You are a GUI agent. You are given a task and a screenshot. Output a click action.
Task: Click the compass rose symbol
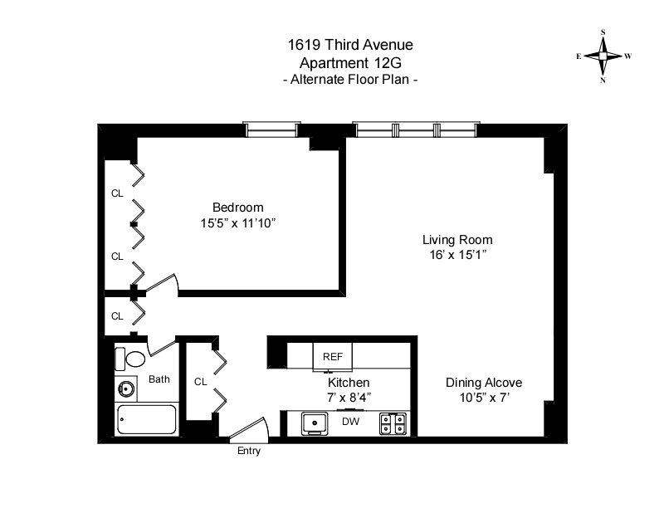[603, 56]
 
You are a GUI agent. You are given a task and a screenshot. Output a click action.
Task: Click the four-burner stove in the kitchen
[393, 423]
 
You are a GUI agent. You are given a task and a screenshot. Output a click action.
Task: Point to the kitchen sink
[314, 423]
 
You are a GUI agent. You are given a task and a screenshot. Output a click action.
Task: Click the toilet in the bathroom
[130, 359]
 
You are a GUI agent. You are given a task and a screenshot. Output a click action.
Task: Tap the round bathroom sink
[128, 388]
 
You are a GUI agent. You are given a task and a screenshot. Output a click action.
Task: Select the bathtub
[147, 419]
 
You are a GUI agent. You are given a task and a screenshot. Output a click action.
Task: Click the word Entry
[248, 451]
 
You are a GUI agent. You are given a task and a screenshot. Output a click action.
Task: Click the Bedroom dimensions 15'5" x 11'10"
[237, 222]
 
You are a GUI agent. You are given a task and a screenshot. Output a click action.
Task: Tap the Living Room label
[452, 240]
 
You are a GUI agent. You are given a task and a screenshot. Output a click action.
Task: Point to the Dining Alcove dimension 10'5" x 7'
[484, 398]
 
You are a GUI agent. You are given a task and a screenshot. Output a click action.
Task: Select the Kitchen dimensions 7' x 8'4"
[349, 398]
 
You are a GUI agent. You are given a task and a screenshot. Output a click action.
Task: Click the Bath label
[159, 379]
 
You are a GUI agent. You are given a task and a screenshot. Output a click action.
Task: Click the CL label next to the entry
[200, 382]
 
